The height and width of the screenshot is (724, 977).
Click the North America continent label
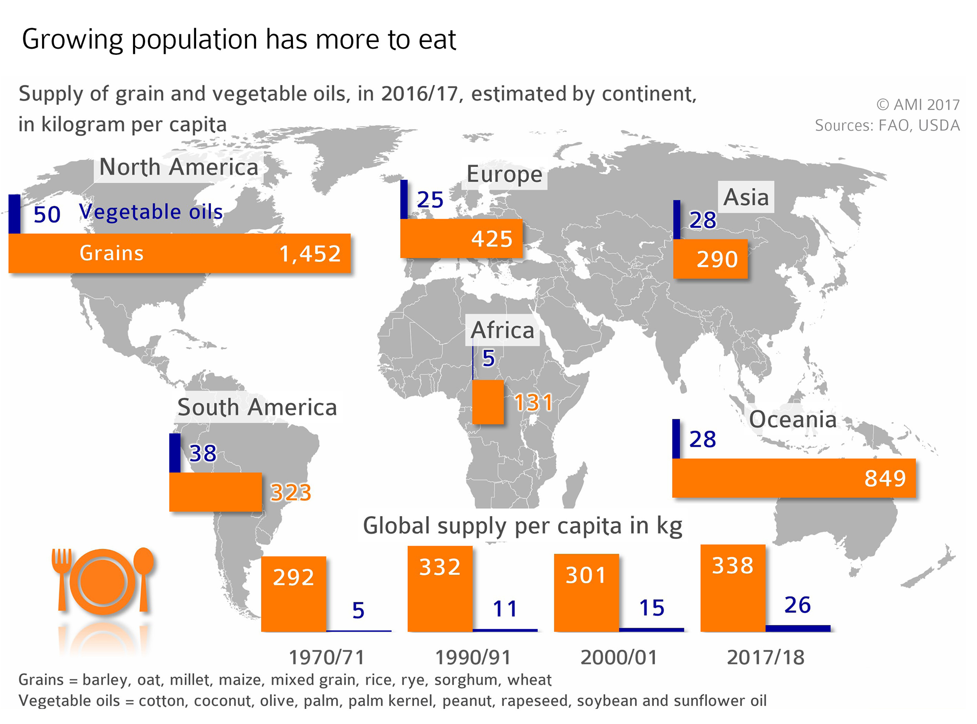(178, 167)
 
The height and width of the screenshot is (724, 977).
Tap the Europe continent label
(504, 175)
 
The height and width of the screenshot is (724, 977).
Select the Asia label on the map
(746, 197)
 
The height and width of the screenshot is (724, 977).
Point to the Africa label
(502, 330)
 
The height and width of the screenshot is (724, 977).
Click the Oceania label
(792, 420)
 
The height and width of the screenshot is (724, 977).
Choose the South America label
(257, 407)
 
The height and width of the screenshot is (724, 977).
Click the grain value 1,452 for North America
(310, 254)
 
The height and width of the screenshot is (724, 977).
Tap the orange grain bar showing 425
(461, 238)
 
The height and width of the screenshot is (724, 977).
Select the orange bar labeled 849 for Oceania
(793, 478)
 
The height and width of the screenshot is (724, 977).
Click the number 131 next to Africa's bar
(533, 403)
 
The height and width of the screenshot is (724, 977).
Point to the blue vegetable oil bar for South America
(175, 453)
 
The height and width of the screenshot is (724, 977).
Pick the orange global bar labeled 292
(293, 594)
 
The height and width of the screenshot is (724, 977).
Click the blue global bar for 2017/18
(798, 628)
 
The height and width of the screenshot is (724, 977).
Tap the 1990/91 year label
(473, 657)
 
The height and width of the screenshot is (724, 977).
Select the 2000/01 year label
(619, 657)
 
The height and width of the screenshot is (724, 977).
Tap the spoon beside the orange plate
(143, 575)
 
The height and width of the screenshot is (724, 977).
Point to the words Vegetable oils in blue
(151, 212)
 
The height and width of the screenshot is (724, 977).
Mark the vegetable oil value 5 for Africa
(488, 358)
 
